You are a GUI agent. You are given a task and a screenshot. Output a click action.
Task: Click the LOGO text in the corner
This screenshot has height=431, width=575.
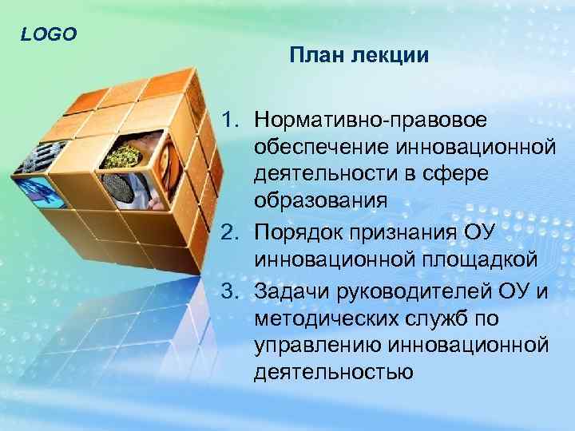[49, 34]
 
